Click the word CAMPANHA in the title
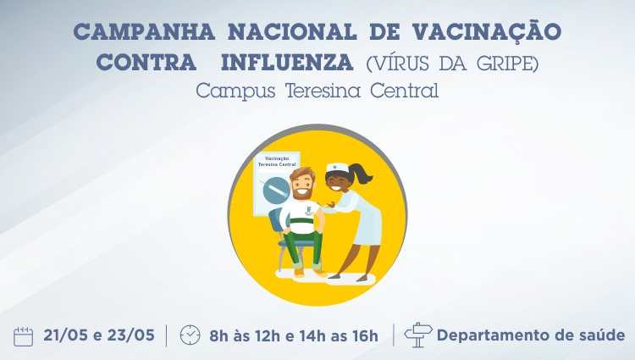point(144,32)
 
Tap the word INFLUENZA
point(287,63)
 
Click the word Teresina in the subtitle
point(323,91)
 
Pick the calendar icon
point(23,336)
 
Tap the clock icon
point(190,335)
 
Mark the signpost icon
point(418,335)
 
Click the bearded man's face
point(302,186)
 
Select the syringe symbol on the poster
point(275,190)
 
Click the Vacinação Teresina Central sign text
point(277,162)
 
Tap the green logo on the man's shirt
point(308,209)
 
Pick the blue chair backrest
point(275,222)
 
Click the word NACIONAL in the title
point(292,32)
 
